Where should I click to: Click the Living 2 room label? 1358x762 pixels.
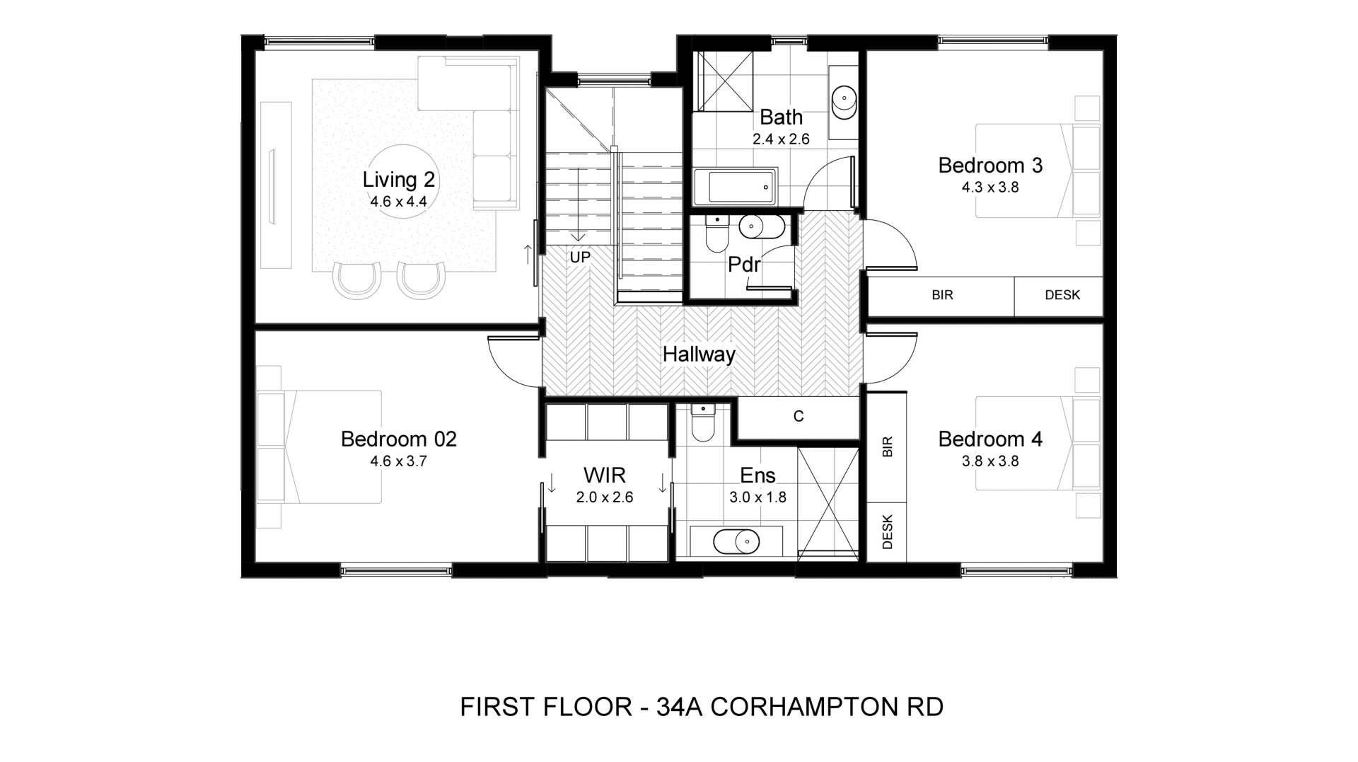click(x=398, y=180)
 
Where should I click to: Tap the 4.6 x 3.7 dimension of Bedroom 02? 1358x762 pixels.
click(x=398, y=461)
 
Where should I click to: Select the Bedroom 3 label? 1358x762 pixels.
click(x=990, y=166)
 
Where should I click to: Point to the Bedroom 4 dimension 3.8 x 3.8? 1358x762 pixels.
click(x=990, y=461)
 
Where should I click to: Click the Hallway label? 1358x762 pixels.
click(x=699, y=354)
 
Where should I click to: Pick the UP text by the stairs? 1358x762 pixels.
click(x=580, y=258)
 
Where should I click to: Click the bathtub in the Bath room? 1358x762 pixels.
click(x=735, y=187)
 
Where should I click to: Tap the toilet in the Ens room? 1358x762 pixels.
click(x=704, y=422)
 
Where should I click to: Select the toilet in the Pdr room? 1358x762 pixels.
click(x=716, y=233)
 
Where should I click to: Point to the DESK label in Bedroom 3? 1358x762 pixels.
click(x=1062, y=295)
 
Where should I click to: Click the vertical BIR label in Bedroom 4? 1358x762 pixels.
click(x=888, y=446)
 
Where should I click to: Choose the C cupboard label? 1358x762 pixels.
click(x=799, y=417)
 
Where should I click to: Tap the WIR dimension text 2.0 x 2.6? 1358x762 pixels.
click(x=605, y=497)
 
